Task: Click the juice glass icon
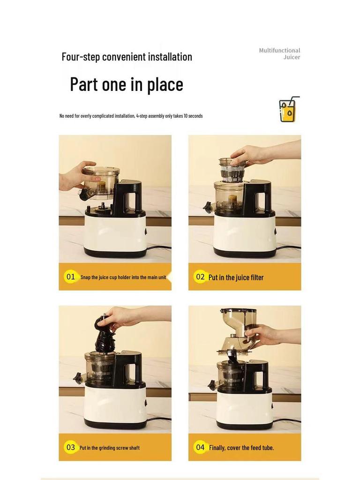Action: point(288,110)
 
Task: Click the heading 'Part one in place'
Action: point(127,84)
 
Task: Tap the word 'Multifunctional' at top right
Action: point(279,50)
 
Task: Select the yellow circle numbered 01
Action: point(71,277)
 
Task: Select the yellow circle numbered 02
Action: point(200,277)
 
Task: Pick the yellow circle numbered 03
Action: point(71,447)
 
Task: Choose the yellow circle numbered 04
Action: point(200,447)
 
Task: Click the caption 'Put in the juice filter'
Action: point(236,277)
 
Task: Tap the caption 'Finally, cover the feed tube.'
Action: point(241,448)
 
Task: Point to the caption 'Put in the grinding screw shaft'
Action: point(109,448)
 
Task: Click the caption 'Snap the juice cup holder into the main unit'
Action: point(123,277)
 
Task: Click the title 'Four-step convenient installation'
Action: point(127,57)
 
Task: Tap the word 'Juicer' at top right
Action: point(292,57)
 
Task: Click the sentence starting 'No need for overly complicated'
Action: point(131,116)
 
